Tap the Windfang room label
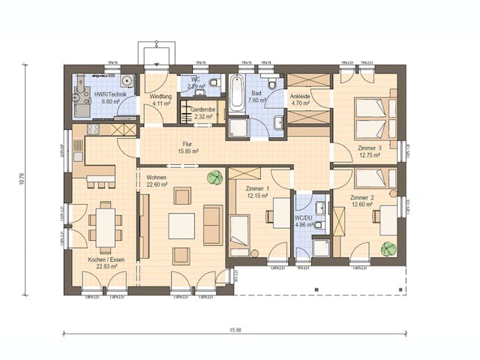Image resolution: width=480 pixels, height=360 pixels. pos(161,100)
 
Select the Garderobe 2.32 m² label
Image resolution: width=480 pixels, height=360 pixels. pos(202,113)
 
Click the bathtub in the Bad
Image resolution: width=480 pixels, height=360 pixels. pos(237,93)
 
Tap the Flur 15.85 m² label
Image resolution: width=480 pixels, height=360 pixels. pos(187,148)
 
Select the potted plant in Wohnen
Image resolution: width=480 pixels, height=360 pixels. pos(215,178)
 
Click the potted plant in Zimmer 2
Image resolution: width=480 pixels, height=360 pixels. pos(388,248)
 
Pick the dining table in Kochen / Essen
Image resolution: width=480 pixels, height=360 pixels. pos(105,225)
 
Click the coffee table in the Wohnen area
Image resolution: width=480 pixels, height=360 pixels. pos(181,226)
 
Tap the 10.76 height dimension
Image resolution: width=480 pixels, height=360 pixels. pos(22,179)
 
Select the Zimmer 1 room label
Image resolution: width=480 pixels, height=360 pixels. pos(256,192)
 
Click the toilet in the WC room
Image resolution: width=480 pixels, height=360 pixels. pos(213,82)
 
